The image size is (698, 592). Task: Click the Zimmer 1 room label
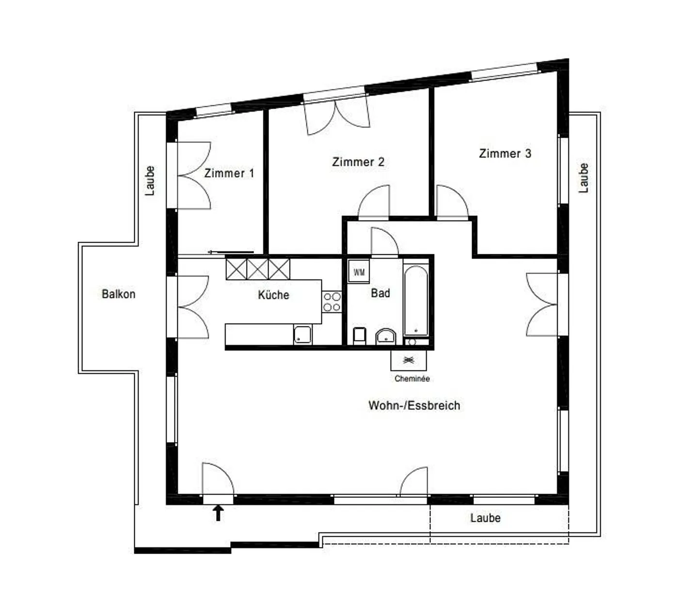point(229,173)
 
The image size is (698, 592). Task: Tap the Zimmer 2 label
point(358,162)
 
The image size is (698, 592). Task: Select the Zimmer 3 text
point(505,153)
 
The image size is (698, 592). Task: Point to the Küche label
point(273,295)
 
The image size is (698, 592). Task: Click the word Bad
point(381,293)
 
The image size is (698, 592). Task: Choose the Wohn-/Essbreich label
point(414,405)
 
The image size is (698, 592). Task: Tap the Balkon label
point(118,294)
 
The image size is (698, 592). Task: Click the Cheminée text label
point(412,378)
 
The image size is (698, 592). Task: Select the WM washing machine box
point(359,272)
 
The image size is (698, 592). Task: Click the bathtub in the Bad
point(416,301)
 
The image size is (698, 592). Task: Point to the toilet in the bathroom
point(359,336)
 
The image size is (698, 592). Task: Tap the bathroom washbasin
point(386,336)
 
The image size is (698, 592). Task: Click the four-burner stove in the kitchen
point(332,301)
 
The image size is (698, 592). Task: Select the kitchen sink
point(302,334)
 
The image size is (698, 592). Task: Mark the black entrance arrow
point(218,513)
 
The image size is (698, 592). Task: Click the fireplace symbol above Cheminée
point(409,360)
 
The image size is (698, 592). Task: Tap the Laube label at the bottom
point(485,518)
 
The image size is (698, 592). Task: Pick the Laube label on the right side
point(584,178)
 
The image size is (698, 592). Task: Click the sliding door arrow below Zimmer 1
point(230,252)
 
